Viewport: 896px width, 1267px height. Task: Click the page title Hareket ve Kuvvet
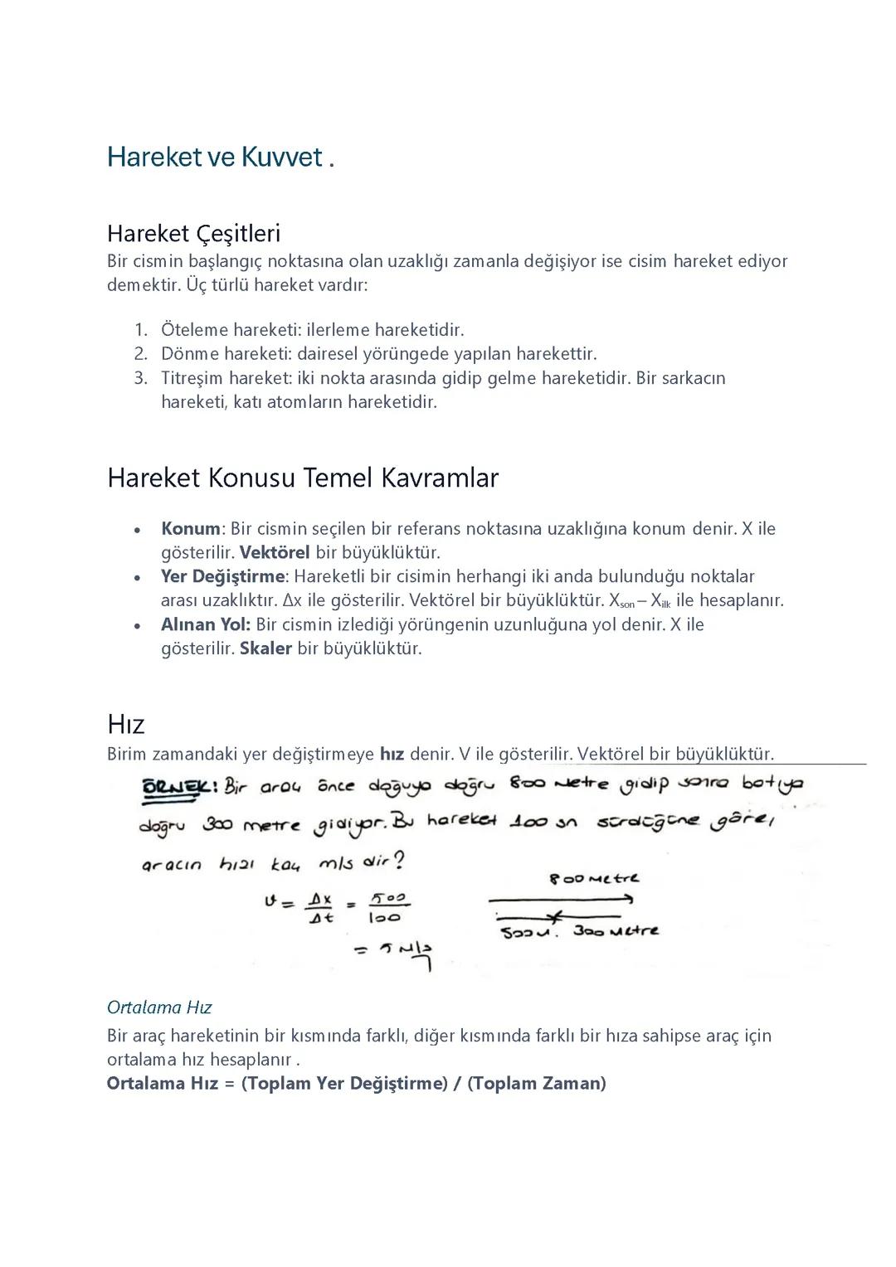(x=220, y=157)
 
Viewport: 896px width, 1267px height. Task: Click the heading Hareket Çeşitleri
(x=193, y=233)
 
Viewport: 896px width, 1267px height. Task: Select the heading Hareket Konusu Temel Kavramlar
(x=302, y=478)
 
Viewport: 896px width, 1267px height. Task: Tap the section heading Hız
(x=125, y=724)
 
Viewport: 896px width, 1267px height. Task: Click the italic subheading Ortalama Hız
(x=159, y=1007)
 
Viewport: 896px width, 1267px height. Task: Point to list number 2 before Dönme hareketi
(x=140, y=354)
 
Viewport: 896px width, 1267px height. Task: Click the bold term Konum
(x=190, y=529)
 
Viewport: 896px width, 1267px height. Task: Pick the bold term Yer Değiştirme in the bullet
(x=222, y=576)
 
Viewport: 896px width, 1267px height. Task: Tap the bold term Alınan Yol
(x=205, y=624)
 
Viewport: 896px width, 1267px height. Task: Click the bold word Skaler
(x=265, y=648)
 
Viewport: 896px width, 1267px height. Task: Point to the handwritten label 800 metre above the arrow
(x=594, y=879)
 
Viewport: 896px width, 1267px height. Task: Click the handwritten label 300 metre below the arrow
(x=616, y=931)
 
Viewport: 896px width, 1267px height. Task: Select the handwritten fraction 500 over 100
(x=386, y=908)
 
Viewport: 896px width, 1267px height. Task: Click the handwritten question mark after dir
(x=398, y=862)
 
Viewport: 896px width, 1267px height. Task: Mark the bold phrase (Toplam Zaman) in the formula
(x=537, y=1083)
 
